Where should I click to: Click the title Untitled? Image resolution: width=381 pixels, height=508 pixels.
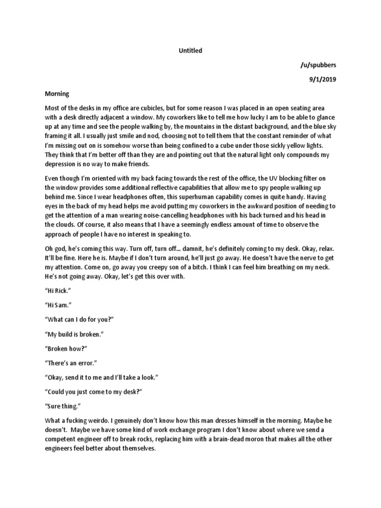pyautogui.click(x=190, y=51)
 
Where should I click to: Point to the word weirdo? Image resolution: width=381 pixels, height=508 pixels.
pyautogui.click(x=98, y=420)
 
